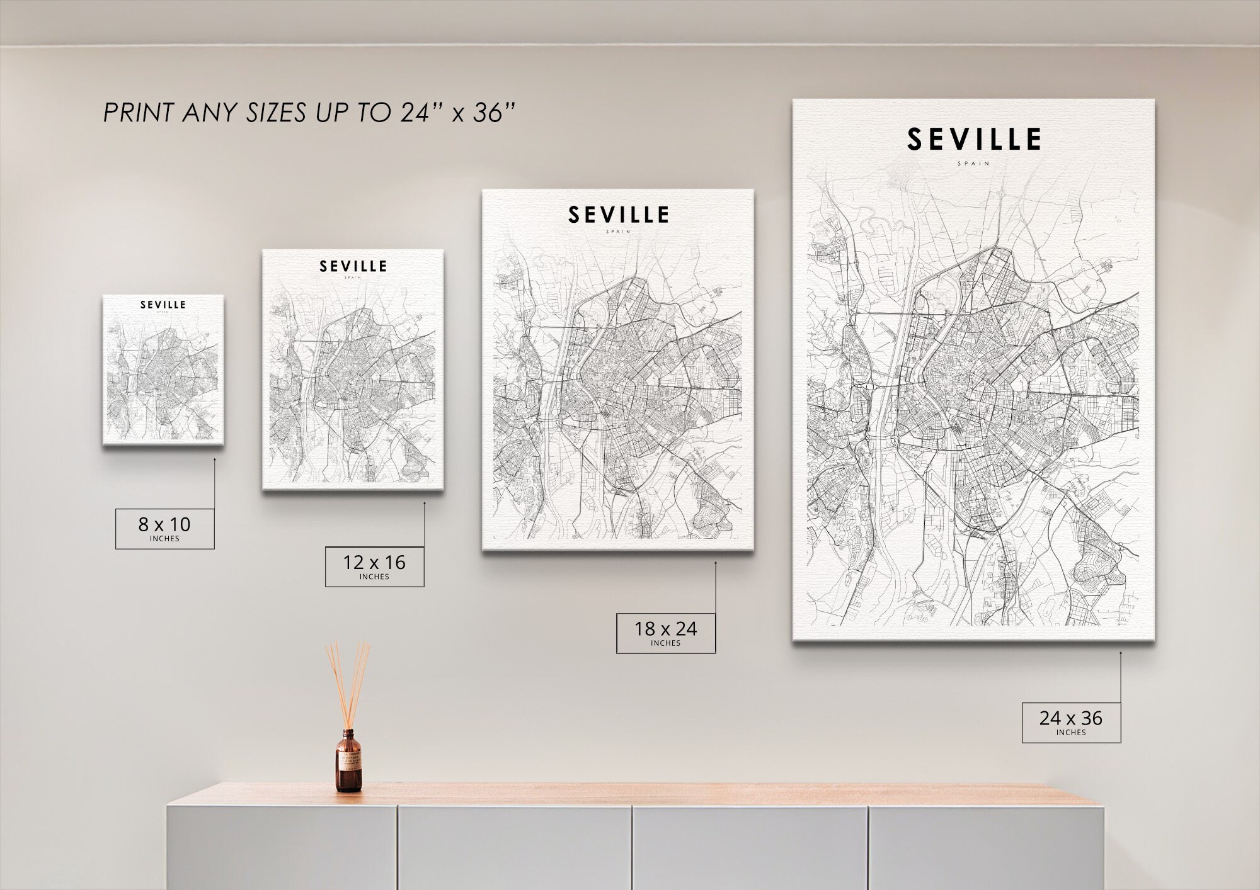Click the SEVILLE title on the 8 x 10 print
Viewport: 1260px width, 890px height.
pos(163,305)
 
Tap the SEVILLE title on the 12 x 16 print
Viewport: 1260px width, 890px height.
pos(353,266)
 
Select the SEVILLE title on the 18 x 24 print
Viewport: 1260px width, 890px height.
pos(618,215)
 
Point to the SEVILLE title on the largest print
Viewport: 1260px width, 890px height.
pos(973,140)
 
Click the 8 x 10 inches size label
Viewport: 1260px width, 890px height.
pos(164,528)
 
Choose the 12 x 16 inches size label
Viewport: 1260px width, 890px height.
pos(374,566)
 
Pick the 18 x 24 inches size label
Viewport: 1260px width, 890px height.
pos(665,633)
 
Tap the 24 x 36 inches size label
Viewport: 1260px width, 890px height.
pos(1071,722)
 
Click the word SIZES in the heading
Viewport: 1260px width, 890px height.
pos(277,113)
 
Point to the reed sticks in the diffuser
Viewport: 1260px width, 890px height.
pos(347,680)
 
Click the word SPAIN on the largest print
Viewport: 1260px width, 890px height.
pos(973,164)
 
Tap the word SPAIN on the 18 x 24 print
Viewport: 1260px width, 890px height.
pos(618,232)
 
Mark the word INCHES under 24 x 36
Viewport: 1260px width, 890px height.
pos(1071,733)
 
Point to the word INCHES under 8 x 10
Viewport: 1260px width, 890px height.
pos(164,539)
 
